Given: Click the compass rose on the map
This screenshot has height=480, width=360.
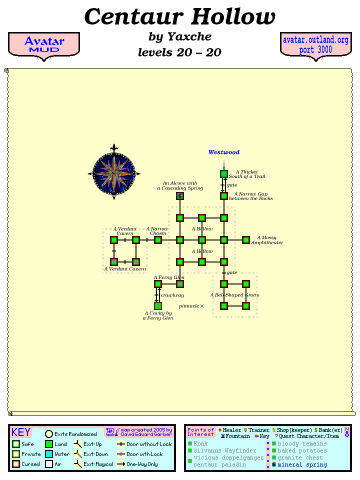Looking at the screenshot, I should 114,172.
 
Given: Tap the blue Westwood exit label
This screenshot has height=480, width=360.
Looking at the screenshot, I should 224,152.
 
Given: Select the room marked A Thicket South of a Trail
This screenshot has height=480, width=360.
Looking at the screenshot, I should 224,174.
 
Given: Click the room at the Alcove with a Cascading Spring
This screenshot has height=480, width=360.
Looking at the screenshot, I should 180,196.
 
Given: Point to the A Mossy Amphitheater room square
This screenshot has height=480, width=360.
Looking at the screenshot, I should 246,240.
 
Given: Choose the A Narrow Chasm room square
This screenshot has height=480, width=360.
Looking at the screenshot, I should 158,240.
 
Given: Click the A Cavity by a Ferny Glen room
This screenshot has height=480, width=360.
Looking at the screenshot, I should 158,306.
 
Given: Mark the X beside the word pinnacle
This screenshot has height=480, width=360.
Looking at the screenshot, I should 202,306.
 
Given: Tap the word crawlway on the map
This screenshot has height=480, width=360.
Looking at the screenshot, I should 172,295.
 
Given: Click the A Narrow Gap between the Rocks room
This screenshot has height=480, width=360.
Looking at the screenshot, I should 224,196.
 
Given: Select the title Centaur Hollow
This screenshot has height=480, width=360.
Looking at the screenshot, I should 180,17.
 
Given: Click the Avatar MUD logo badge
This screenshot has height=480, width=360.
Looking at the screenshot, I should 44,45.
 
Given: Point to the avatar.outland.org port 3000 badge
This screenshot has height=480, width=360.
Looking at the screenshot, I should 315,45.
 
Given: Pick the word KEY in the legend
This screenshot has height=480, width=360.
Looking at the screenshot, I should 21,432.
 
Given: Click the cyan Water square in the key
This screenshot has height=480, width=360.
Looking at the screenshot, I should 49,454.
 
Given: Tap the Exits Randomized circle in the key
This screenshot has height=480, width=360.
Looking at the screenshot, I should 49,434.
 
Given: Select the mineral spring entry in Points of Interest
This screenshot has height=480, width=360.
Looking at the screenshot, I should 302,464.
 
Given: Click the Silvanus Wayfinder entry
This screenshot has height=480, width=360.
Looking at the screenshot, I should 224,450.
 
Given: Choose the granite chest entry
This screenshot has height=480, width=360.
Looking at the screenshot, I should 300,457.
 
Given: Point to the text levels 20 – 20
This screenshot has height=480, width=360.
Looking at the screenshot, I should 179,52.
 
